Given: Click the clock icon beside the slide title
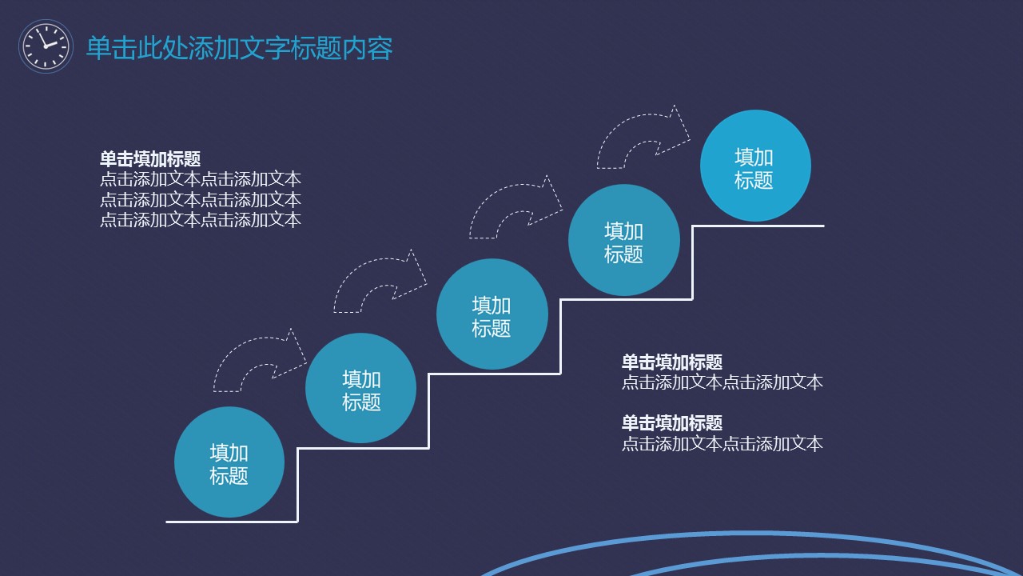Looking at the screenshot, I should (x=46, y=46).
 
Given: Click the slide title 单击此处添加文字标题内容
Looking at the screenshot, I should (x=239, y=48).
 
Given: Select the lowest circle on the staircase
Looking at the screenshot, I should (x=229, y=463).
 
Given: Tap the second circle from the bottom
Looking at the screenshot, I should (x=360, y=389).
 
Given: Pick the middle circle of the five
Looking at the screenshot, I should (x=492, y=314).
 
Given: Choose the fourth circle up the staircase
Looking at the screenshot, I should (x=623, y=241).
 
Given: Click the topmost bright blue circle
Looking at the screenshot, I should (x=754, y=166).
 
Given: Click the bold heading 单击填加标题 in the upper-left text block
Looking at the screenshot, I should (x=149, y=158).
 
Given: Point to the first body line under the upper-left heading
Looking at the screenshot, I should (x=200, y=179).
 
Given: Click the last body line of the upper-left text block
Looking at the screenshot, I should (x=200, y=219).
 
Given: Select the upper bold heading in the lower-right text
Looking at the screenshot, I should (x=671, y=362).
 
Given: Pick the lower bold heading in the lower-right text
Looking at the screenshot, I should (x=671, y=422).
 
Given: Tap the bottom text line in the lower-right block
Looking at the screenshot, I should (x=722, y=443).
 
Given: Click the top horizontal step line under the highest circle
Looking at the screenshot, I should (x=758, y=226).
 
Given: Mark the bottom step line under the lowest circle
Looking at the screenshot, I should (x=232, y=522).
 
